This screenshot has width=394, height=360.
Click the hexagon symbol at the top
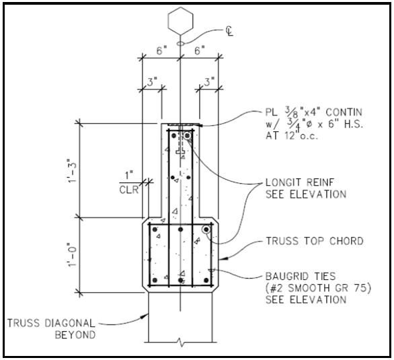(x=180, y=21)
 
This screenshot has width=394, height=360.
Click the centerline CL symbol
(x=229, y=31)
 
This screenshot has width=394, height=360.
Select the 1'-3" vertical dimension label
(x=72, y=170)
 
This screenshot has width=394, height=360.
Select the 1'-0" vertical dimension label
(x=72, y=254)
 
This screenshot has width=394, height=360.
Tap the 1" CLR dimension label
(x=129, y=182)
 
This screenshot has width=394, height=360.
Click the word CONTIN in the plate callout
(x=344, y=112)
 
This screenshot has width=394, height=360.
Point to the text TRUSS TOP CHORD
(x=315, y=241)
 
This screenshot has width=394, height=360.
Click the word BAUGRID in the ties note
(x=288, y=277)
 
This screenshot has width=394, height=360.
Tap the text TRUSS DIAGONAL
(x=51, y=323)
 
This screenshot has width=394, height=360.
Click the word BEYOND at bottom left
(x=75, y=335)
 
